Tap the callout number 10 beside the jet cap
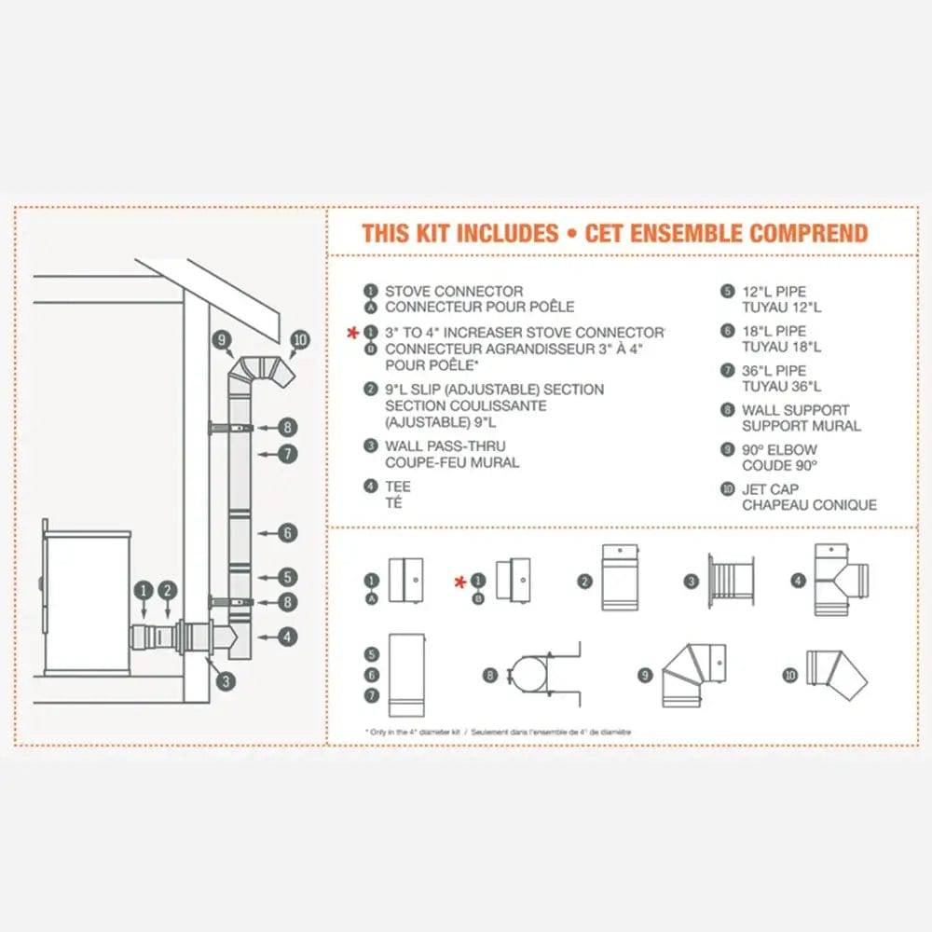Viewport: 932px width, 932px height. tap(299, 340)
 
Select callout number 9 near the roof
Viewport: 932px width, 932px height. tap(221, 340)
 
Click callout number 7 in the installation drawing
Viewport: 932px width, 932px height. tap(288, 454)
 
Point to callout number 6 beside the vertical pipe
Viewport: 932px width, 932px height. tap(288, 533)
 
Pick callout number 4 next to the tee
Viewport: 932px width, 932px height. tap(288, 637)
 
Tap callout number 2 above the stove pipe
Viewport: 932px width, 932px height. tap(167, 589)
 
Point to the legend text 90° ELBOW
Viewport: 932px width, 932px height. tap(779, 449)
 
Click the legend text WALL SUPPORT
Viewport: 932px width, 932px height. tap(795, 410)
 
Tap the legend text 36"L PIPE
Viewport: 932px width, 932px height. tap(774, 370)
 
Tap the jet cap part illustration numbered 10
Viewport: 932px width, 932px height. tap(838, 678)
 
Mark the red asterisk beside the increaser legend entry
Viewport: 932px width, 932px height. tap(352, 332)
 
